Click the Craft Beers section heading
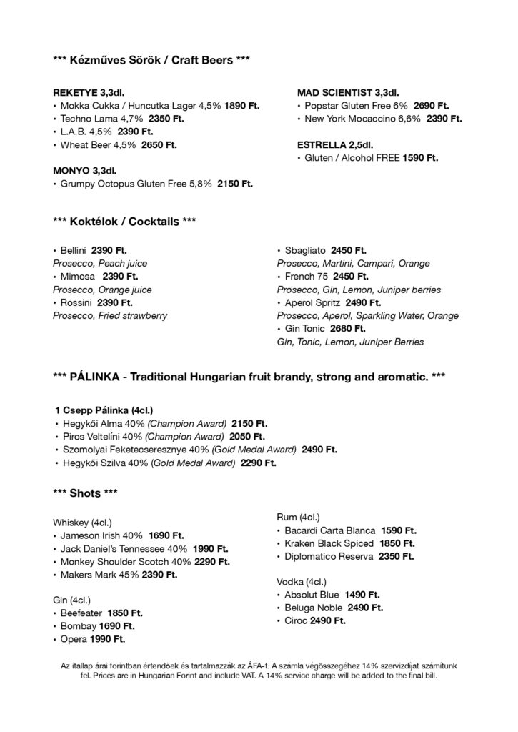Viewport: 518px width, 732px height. click(x=151, y=61)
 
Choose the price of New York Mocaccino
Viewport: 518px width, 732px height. click(x=444, y=119)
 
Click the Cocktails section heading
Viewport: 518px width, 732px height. click(x=124, y=222)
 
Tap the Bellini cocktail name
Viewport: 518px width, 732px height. click(x=74, y=250)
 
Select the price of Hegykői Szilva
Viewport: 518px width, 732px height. click(x=258, y=463)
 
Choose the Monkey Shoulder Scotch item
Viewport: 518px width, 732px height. click(x=126, y=562)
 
